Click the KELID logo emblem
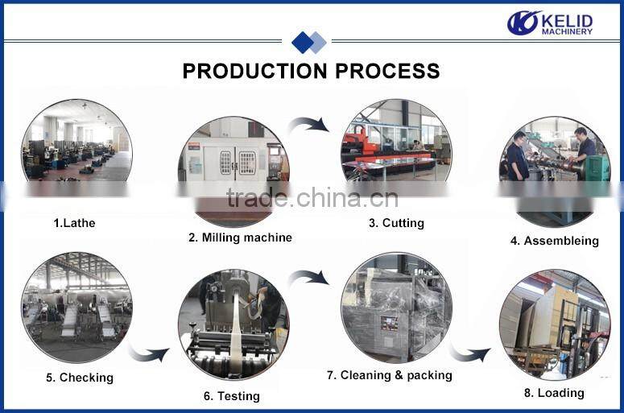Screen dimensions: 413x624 click(523, 23)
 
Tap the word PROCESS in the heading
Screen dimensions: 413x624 click(387, 71)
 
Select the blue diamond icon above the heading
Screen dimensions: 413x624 click(308, 42)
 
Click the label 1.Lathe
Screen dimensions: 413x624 click(74, 223)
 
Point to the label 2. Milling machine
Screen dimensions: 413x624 click(240, 237)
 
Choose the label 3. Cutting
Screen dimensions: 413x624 click(396, 223)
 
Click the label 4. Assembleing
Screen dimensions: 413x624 click(554, 241)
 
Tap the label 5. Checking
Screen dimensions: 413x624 click(80, 378)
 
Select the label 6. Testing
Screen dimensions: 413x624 click(232, 396)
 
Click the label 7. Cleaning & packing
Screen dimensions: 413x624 click(390, 375)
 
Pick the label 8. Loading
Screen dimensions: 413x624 click(553, 393)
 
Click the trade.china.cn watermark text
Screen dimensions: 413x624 click(312, 198)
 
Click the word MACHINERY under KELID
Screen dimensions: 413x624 click(567, 32)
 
